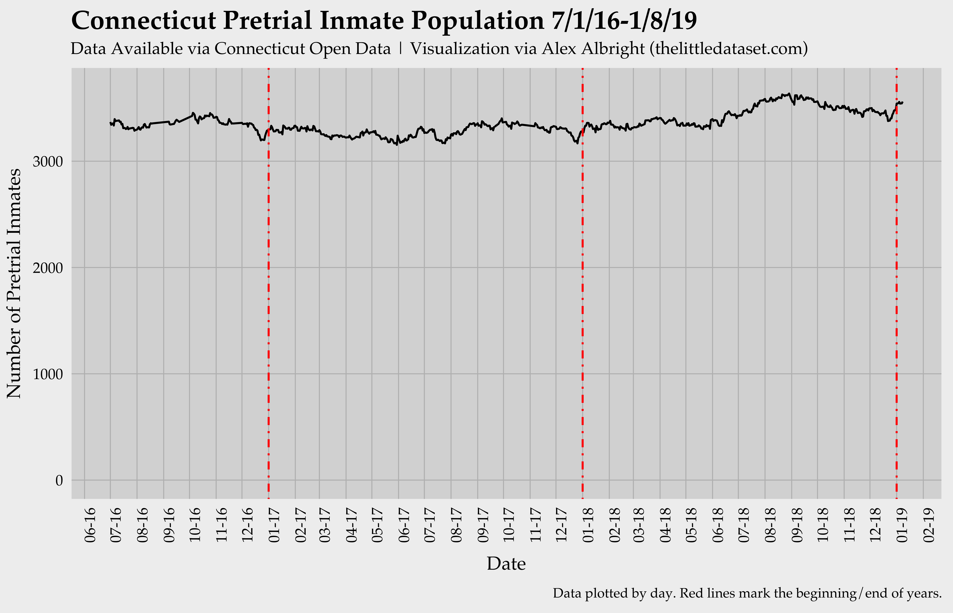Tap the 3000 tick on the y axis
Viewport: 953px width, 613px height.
tap(48, 162)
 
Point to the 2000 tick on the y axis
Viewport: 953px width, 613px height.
tap(48, 268)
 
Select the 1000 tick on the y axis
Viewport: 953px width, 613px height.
tap(48, 374)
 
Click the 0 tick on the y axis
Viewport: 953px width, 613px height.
tap(59, 480)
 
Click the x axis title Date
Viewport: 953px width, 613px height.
tap(506, 564)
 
